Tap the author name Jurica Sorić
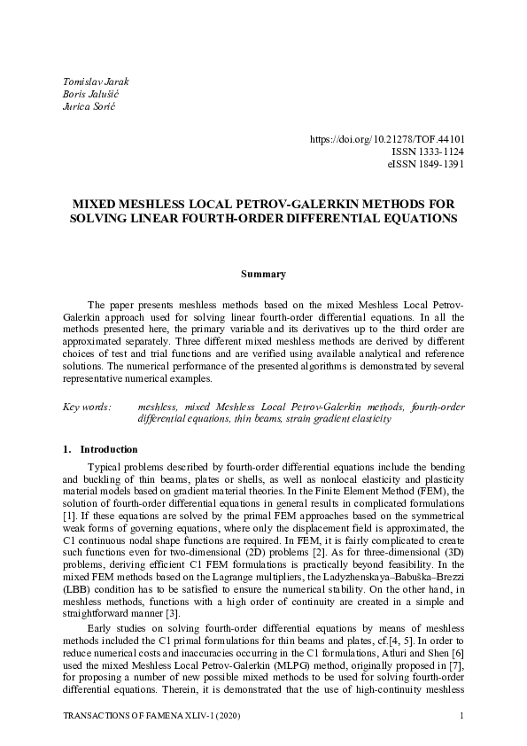pos(89,106)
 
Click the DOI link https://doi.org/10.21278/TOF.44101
pos(387,139)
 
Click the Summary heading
pos(263,274)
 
